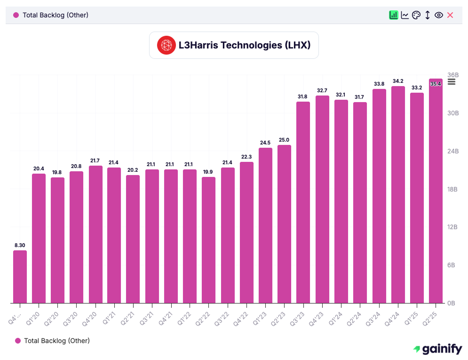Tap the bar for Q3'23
[x=303, y=202]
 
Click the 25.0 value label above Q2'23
[x=284, y=140]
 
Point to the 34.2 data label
[x=397, y=81]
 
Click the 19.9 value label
[x=208, y=172]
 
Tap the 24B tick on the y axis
[x=452, y=151]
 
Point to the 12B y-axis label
[x=452, y=227]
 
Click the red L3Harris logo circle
[x=166, y=45]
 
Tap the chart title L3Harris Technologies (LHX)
[x=245, y=45]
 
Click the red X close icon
[x=450, y=15]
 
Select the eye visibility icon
[x=439, y=15]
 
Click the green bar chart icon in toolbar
[x=394, y=15]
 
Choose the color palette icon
[x=416, y=15]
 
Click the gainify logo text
[x=437, y=349]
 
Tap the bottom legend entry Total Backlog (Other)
[x=56, y=340]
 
